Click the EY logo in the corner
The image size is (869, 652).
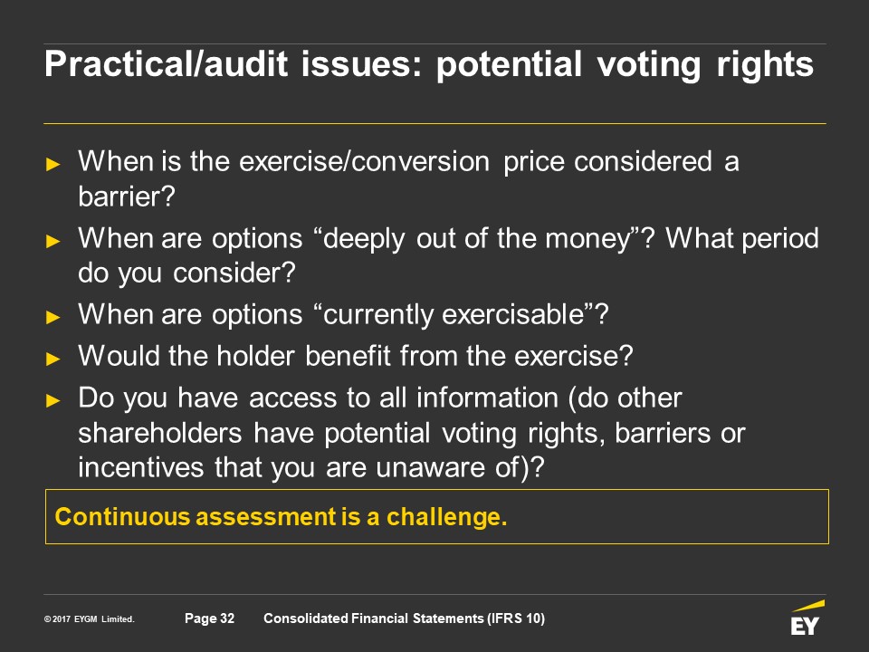pyautogui.click(x=807, y=618)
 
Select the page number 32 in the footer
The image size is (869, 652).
pyautogui.click(x=227, y=618)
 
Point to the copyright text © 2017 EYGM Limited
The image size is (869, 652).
pyautogui.click(x=90, y=619)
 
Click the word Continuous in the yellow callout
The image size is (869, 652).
pyautogui.click(x=123, y=517)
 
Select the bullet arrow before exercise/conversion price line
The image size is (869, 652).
pyautogui.click(x=53, y=164)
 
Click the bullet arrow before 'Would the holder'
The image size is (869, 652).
pyautogui.click(x=53, y=359)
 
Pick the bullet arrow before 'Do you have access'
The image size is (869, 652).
pyautogui.click(x=53, y=400)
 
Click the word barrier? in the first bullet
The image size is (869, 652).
pyautogui.click(x=127, y=197)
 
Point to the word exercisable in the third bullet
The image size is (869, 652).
pyautogui.click(x=513, y=314)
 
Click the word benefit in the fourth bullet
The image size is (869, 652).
pyautogui.click(x=348, y=356)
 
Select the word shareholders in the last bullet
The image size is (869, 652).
pyautogui.click(x=160, y=433)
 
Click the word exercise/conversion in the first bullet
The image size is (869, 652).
pyautogui.click(x=364, y=162)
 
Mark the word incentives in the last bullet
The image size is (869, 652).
pyautogui.click(x=141, y=467)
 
